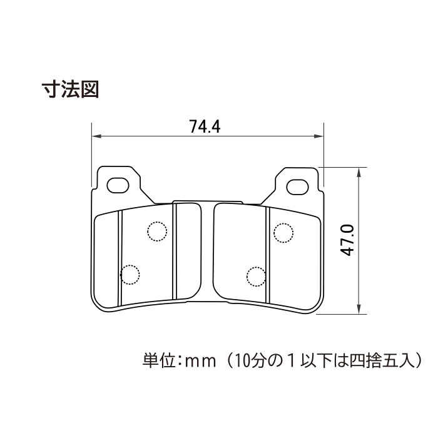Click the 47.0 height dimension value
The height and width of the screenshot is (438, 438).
[348, 240]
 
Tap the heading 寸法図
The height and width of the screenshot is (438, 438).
[70, 88]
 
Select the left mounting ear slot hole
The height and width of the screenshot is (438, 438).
[118, 185]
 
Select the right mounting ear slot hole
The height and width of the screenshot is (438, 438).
[297, 185]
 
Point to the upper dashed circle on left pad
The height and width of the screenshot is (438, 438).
[156, 232]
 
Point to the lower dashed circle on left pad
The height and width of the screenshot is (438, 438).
[130, 275]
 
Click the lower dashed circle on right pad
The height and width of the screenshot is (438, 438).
[257, 275]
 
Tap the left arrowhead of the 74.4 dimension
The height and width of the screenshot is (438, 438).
[96, 136]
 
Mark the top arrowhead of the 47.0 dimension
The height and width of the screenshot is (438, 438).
[357, 171]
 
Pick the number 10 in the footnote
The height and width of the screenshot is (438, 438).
[238, 361]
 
